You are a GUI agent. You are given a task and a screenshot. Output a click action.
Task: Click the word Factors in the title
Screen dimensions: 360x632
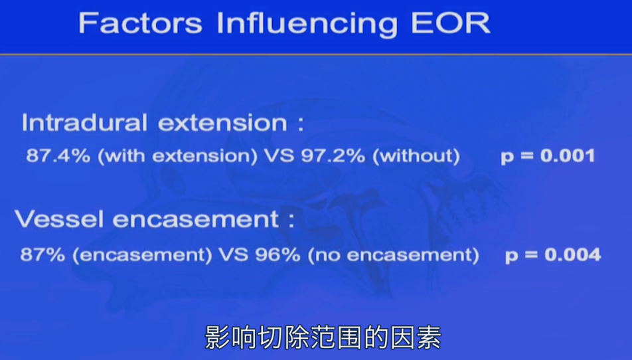pyautogui.click(x=140, y=23)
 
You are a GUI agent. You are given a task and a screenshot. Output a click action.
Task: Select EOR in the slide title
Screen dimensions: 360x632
pyautogui.click(x=450, y=23)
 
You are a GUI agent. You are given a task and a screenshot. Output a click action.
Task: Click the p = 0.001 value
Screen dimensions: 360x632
pyautogui.click(x=548, y=156)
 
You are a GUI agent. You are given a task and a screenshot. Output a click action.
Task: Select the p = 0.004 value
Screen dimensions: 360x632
pyautogui.click(x=553, y=254)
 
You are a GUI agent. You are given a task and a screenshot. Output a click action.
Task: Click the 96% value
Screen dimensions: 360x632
pyautogui.click(x=282, y=254)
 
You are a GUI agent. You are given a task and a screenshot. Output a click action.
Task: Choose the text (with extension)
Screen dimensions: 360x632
pyautogui.click(x=169, y=156)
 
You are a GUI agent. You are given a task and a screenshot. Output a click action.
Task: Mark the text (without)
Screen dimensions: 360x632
pyautogui.click(x=416, y=156)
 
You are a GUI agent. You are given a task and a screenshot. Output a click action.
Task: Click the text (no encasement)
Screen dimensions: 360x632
pyautogui.click(x=393, y=254)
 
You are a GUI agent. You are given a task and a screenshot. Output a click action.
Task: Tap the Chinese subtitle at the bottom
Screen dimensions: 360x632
pyautogui.click(x=323, y=337)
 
